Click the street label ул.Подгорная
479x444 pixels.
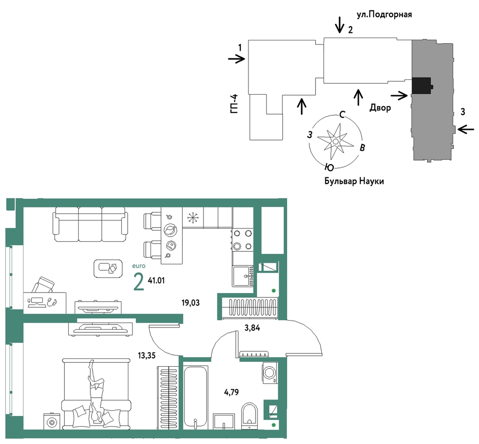[384, 14]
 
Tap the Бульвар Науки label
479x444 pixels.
[354, 181]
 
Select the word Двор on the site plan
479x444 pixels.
[380, 107]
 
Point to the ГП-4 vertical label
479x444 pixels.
[234, 104]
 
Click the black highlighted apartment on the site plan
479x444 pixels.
[421, 86]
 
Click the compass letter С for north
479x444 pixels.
[342, 114]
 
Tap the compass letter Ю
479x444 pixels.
[329, 167]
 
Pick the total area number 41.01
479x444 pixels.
[156, 280]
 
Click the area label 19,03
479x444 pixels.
[190, 303]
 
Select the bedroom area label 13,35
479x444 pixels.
[146, 356]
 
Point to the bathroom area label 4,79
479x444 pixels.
[231, 392]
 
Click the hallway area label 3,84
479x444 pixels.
[252, 328]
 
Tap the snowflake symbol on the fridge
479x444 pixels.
[193, 218]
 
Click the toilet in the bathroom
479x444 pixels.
[249, 416]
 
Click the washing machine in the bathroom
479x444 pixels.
[270, 373]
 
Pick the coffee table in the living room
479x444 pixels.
[108, 269]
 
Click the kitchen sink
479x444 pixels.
[243, 276]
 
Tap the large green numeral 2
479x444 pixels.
[139, 282]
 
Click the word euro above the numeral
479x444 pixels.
[139, 266]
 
